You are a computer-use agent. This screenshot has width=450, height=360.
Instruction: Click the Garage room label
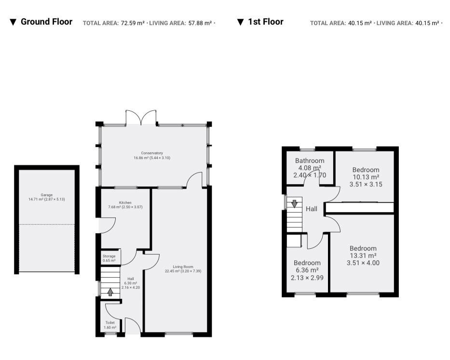[46, 195]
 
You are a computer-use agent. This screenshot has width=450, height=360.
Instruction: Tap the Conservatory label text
[152, 153]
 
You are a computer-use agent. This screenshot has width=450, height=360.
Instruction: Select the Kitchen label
[125, 202]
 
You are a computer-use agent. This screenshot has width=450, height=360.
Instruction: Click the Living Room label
[183, 267]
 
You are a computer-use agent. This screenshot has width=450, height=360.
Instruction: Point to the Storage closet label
[109, 256]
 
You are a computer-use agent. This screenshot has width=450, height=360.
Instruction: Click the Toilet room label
[110, 323]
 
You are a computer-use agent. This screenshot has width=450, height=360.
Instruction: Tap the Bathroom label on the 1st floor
[310, 160]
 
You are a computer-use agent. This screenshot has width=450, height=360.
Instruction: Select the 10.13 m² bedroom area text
[366, 177]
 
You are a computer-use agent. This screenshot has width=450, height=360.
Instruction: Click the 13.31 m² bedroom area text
[363, 255]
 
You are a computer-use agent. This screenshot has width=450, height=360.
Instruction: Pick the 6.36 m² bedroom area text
[307, 270]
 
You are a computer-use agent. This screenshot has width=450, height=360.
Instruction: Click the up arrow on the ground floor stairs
[110, 292]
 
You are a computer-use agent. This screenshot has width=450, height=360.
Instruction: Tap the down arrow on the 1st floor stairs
[294, 204]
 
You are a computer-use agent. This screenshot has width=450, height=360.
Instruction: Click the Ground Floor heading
[46, 22]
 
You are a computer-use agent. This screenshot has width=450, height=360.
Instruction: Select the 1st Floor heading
[266, 22]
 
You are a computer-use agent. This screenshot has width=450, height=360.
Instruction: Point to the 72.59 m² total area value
[133, 23]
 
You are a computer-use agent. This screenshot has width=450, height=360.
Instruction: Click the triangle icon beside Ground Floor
[13, 22]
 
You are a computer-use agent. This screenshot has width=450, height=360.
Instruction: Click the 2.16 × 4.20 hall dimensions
[131, 287]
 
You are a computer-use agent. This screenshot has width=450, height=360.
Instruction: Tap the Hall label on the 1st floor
[312, 209]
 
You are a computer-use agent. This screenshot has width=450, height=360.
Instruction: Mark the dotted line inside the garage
[46, 224]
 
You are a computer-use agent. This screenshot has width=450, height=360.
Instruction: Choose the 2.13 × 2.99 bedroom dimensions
[307, 278]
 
